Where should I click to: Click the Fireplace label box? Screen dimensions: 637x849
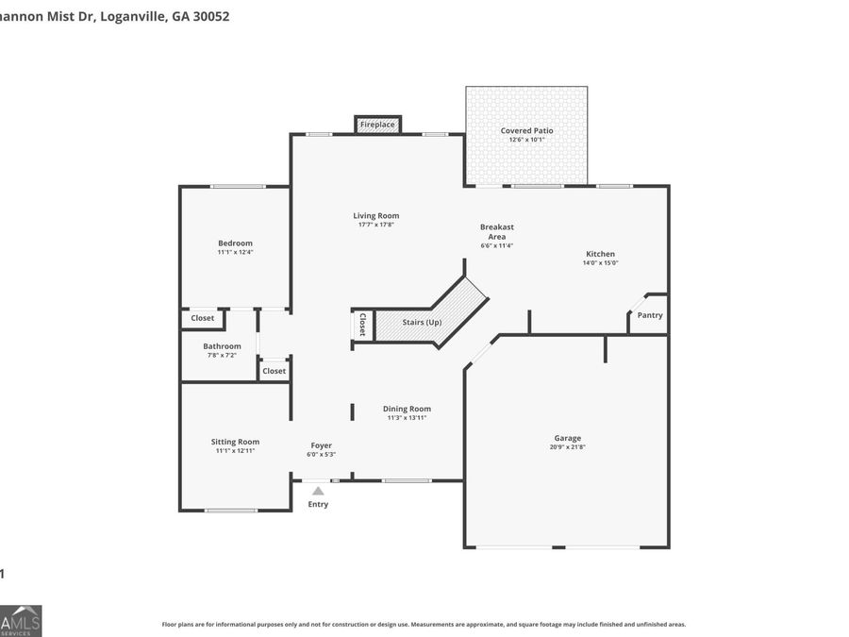[377, 125]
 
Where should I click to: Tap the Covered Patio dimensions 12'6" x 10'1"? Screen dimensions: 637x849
[526, 140]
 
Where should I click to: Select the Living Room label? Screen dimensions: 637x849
[376, 216]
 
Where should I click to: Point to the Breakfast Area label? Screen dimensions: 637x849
[497, 231]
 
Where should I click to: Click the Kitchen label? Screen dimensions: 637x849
[600, 254]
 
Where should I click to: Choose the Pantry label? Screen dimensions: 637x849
[649, 315]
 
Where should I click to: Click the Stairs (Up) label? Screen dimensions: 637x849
[422, 323]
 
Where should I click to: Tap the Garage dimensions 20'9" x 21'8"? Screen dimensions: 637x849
[567, 446]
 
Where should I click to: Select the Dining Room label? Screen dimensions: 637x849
[407, 409]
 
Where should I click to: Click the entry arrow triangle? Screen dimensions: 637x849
[318, 491]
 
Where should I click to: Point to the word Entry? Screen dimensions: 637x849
[318, 504]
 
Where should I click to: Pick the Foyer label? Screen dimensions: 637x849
[322, 445]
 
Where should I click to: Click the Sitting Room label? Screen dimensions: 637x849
[235, 442]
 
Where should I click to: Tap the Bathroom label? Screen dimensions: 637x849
[222, 346]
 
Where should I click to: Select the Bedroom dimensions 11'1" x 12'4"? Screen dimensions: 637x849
[235, 252]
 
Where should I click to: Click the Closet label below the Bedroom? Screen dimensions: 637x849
[202, 318]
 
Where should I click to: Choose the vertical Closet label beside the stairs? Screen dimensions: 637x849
[361, 324]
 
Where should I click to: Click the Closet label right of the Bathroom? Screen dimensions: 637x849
[274, 371]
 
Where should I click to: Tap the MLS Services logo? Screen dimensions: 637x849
[20, 620]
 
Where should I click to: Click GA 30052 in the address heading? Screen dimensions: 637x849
[200, 16]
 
